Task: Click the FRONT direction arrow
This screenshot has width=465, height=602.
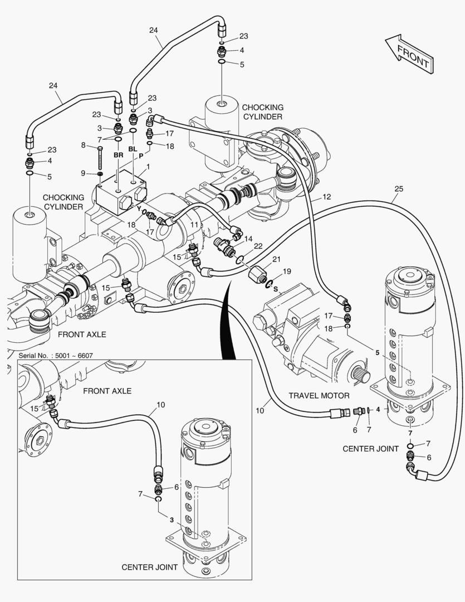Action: point(408,54)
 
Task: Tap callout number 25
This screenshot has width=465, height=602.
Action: point(398,188)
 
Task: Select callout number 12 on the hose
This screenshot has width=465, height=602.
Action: point(326,197)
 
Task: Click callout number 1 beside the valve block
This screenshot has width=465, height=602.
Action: point(148,167)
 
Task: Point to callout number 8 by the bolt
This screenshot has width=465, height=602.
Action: point(84,145)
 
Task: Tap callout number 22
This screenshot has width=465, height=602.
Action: point(258,246)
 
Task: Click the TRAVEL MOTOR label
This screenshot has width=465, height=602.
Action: point(319,395)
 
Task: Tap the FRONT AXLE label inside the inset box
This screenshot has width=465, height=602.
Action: point(107,391)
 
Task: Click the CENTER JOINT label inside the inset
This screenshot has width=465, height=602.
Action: point(149,567)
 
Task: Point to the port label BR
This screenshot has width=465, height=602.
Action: point(118,155)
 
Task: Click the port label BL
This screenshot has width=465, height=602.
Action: point(133,149)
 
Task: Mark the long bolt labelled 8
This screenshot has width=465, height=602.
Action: point(100,159)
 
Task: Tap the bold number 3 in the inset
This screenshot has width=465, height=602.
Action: point(172,520)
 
